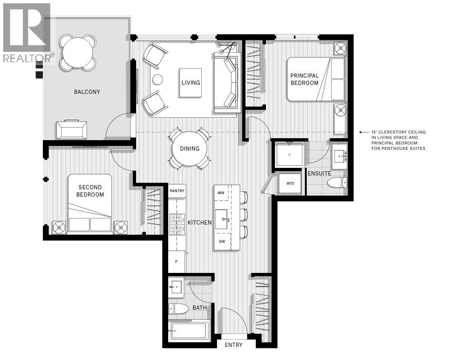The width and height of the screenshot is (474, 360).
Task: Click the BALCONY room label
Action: tap(87, 91)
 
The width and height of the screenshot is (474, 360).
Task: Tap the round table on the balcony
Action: tap(78, 51)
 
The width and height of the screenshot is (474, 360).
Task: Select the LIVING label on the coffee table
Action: tap(191, 82)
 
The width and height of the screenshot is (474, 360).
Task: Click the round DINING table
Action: tap(190, 148)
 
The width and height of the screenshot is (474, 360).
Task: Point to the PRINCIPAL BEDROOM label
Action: tap(304, 79)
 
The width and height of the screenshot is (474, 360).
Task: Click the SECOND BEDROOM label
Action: tap(90, 191)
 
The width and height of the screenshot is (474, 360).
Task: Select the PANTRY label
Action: tap(177, 191)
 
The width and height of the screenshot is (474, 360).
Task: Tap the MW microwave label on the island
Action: tap(221, 193)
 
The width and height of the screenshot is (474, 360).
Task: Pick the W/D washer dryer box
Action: tap(290, 184)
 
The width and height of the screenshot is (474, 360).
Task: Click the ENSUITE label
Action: tap(319, 173)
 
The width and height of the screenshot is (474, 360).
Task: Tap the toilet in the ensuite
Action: tap(337, 183)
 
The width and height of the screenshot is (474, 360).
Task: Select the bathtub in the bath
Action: tap(189, 331)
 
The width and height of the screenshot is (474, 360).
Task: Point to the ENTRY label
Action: tap(233, 345)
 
